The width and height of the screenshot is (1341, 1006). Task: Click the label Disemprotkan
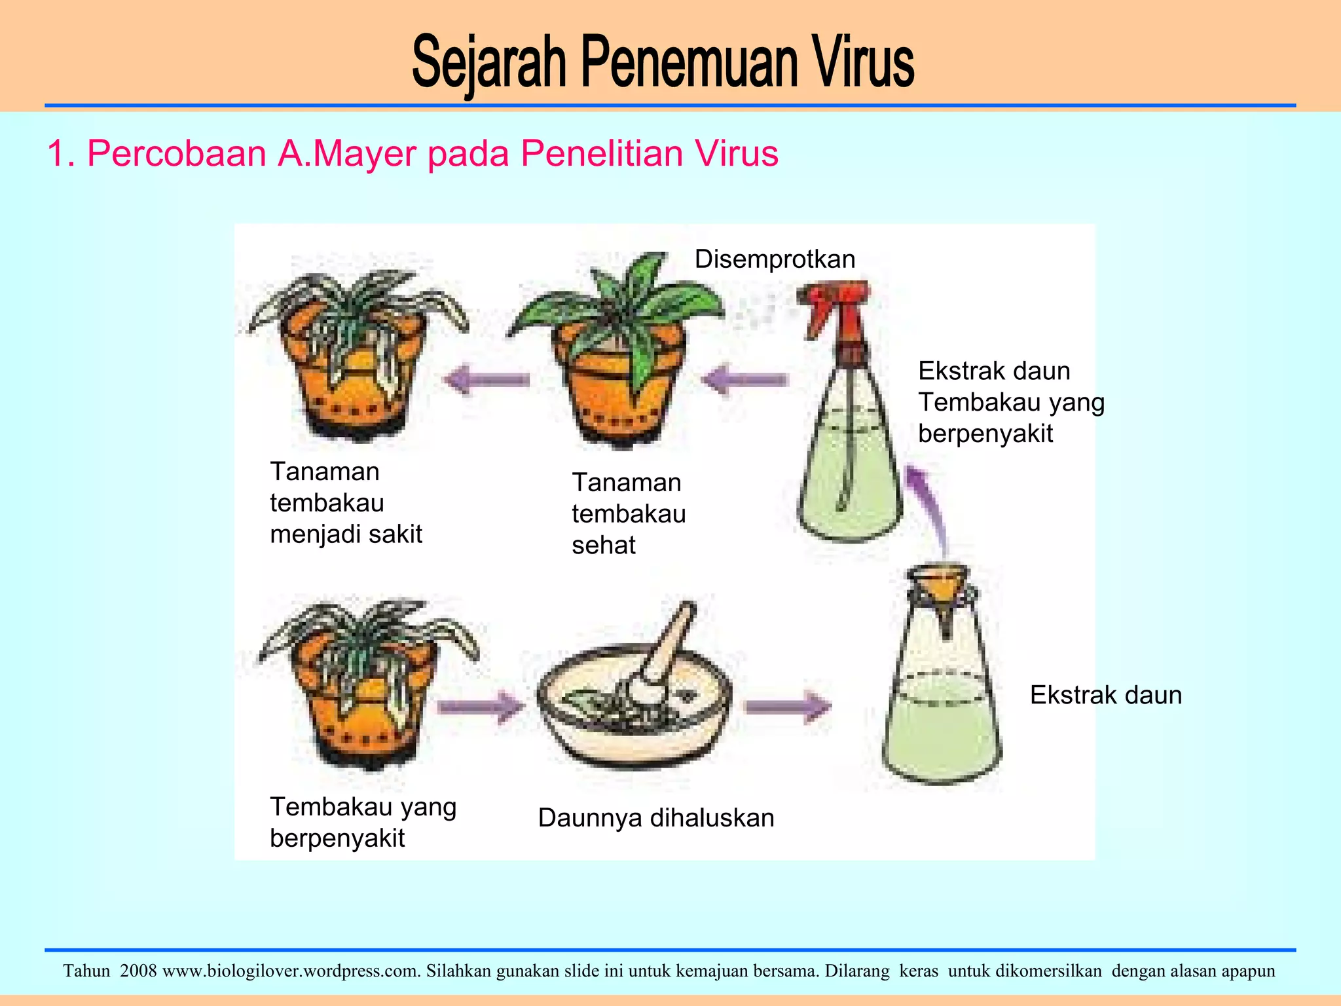coord(775,259)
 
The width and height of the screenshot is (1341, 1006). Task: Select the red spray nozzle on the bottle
coord(835,308)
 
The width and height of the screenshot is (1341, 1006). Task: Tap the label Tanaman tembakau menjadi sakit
coord(345,503)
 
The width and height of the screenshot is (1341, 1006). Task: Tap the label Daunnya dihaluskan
coord(656,818)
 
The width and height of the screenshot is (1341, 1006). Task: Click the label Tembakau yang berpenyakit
coord(363,822)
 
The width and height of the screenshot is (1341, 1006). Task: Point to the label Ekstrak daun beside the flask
coord(1106,695)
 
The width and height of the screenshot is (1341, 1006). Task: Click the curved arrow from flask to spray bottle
coord(930,504)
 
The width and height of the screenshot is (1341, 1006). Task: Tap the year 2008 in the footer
coord(138,971)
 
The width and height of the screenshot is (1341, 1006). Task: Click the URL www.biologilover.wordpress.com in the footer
coord(291,971)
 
